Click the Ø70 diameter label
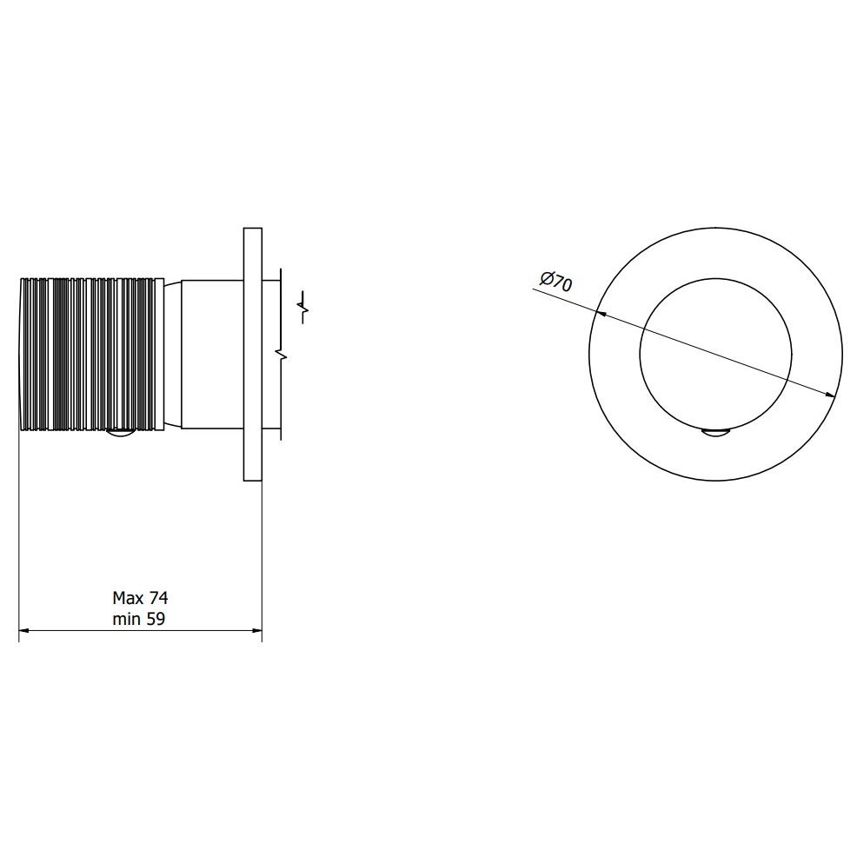[x=556, y=282]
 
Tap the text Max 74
[x=140, y=598]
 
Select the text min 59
[x=139, y=619]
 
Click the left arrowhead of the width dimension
[x=23, y=631]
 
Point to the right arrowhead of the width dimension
[x=257, y=631]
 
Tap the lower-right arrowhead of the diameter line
[x=830, y=394]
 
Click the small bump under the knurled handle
[x=120, y=433]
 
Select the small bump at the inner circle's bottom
[x=715, y=432]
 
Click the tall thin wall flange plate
[x=253, y=354]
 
